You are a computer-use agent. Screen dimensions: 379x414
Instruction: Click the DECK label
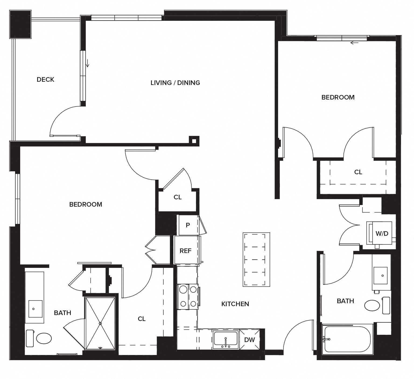tap(45, 80)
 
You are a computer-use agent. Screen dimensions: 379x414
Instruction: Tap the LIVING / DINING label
tap(175, 83)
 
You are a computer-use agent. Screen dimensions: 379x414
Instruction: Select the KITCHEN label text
tap(235, 304)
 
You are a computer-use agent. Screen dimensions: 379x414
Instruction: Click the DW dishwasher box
tap(250, 340)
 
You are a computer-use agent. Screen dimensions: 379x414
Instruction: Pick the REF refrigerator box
tap(186, 251)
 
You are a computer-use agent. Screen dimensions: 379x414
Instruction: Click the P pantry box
tap(188, 225)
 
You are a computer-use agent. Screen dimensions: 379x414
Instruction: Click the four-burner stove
tap(188, 296)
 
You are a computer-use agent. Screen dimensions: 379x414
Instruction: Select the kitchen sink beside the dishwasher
tap(226, 339)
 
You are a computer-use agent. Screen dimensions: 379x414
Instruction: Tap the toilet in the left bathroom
tap(40, 338)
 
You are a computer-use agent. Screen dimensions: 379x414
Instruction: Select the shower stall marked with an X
tap(100, 323)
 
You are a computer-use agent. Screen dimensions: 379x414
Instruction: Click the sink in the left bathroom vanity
tap(35, 309)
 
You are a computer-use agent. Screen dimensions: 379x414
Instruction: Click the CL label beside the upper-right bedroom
tap(358, 172)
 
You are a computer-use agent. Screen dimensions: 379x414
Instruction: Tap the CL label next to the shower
tap(142, 319)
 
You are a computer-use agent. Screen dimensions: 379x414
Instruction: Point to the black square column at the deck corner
tap(20, 24)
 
